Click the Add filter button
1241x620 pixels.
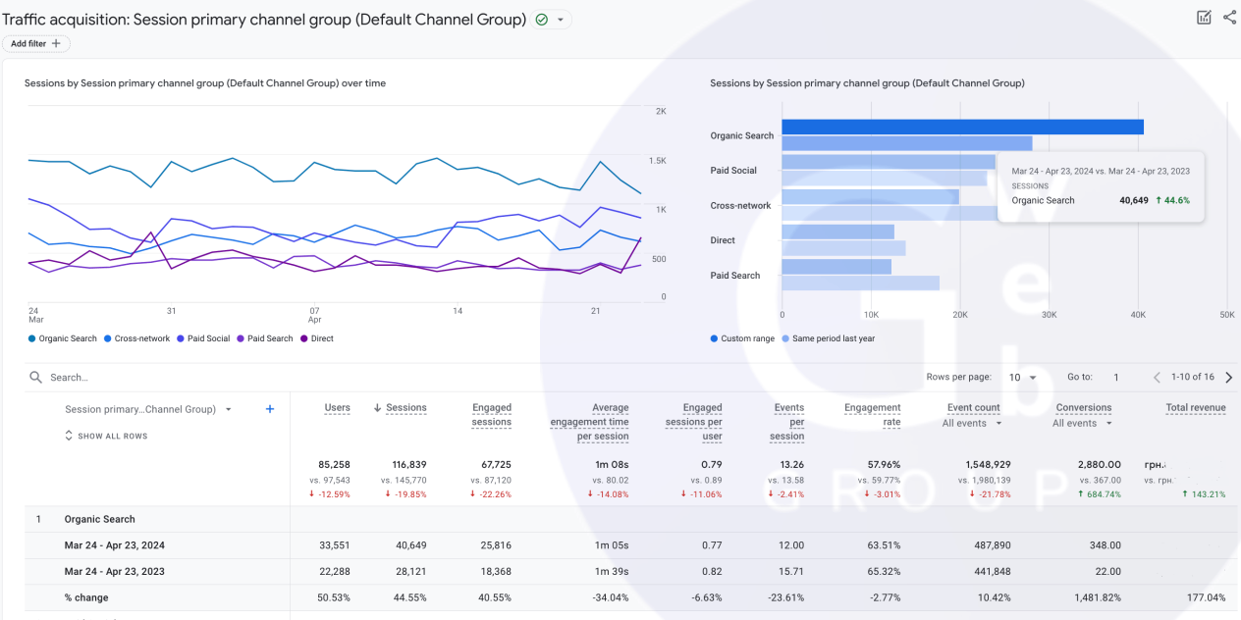(35, 43)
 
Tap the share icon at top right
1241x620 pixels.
(1229, 17)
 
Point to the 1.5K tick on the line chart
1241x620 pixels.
(657, 160)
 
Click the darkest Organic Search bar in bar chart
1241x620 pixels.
(962, 127)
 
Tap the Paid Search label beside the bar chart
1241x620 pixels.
(734, 276)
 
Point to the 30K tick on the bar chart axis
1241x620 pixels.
(1049, 315)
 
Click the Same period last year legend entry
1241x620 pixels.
(830, 338)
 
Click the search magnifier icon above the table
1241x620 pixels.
(36, 377)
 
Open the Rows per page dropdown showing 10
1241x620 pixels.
(1023, 378)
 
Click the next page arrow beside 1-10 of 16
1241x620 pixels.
(1229, 378)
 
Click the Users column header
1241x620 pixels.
(337, 408)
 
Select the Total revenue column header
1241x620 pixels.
(1195, 408)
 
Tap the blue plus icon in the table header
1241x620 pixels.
(270, 409)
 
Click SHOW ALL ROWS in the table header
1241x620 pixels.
(107, 436)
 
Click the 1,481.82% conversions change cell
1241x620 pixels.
(1092, 597)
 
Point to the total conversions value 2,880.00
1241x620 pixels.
(1100, 464)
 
